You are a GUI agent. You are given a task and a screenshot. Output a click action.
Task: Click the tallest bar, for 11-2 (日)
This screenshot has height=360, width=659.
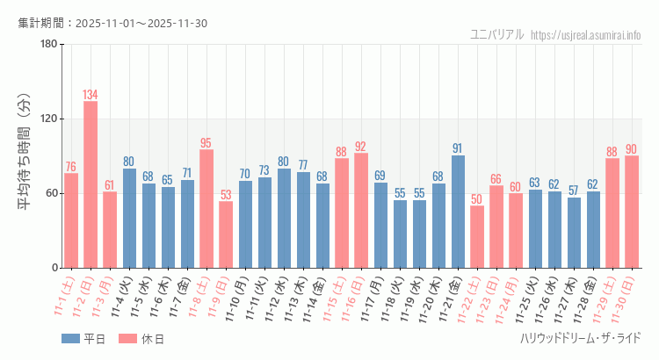[x=91, y=184]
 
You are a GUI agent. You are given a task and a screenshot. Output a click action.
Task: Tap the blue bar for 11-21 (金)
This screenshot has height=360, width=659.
[x=458, y=212]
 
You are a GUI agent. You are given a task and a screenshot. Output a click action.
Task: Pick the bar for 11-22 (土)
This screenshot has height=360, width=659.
[x=477, y=237]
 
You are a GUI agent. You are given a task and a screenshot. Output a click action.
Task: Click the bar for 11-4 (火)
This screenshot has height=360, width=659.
[x=129, y=219]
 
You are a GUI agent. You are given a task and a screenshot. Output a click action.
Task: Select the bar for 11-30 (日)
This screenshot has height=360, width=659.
[x=632, y=212]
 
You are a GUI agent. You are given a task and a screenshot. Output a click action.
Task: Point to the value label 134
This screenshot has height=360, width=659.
[x=91, y=95]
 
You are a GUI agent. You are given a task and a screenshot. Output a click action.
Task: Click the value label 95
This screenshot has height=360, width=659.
[x=206, y=143]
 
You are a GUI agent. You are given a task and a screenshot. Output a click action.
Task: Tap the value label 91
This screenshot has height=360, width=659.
[x=458, y=148]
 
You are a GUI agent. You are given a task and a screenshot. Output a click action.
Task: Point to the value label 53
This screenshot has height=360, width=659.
[x=226, y=195]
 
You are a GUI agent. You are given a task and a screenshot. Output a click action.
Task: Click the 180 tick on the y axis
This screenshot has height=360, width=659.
[x=48, y=45]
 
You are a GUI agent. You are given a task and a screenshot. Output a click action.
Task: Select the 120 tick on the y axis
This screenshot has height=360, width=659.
[x=48, y=119]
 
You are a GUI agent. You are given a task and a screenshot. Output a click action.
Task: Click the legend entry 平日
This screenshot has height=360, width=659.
[x=83, y=339]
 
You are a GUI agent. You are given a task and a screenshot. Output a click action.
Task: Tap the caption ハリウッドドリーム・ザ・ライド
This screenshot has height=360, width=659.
[x=580, y=339]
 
